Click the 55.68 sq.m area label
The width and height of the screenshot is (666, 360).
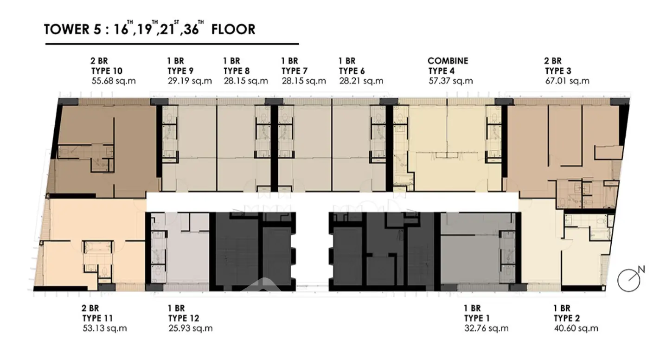114,81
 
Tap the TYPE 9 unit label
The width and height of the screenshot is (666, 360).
180,71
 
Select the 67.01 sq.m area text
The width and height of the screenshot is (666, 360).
567,81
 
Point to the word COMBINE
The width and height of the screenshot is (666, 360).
448,61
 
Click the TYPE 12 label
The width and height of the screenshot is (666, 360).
184,318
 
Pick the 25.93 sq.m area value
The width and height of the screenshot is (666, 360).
190,328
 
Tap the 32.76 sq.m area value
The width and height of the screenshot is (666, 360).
486,328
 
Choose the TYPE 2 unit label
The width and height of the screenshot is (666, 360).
567,318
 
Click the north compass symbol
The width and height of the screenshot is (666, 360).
628,280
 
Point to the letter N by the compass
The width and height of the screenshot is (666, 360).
641,270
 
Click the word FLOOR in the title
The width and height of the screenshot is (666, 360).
233,29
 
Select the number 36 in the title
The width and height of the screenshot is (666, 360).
191,30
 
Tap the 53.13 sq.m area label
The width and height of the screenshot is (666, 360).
105,328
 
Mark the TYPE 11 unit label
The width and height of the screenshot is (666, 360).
98,318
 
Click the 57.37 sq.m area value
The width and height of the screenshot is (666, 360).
450,81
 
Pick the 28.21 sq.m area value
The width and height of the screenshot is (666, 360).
361,81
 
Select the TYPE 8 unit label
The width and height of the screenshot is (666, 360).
237,71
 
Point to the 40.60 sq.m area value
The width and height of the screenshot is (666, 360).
576,328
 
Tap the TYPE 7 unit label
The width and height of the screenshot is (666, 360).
295,71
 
